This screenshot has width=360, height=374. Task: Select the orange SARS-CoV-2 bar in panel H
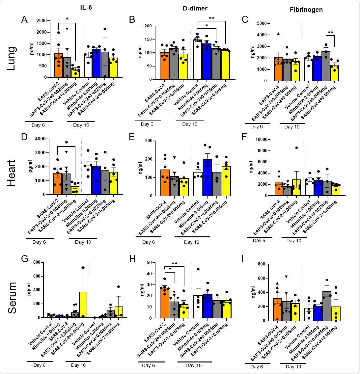pyautogui.click(x=164, y=303)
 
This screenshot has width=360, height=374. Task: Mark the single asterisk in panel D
pyautogui.click(x=67, y=143)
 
